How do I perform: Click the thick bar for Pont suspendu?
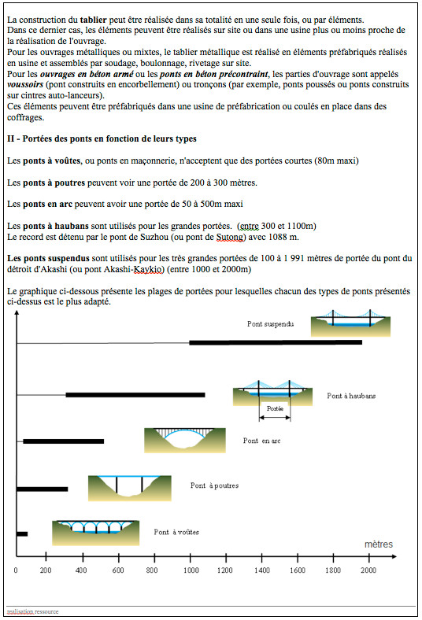click(x=276, y=342)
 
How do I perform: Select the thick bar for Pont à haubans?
click(x=135, y=394)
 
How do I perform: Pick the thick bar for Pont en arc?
click(x=64, y=441)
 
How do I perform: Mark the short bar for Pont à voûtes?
click(x=22, y=534)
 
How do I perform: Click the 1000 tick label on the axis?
click(x=191, y=570)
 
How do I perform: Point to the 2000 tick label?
click(x=368, y=570)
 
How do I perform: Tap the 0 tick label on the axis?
click(x=17, y=570)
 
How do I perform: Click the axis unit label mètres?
click(x=378, y=544)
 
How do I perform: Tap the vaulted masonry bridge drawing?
click(x=95, y=532)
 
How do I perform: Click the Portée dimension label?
click(x=274, y=408)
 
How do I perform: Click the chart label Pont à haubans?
click(x=351, y=396)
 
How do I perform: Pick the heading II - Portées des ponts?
click(x=101, y=139)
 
